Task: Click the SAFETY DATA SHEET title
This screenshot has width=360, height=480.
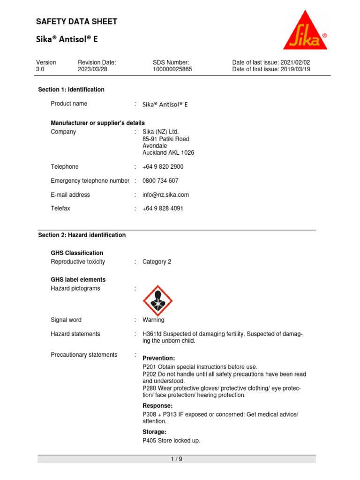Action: (x=77, y=22)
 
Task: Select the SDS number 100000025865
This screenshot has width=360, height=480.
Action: (x=172, y=69)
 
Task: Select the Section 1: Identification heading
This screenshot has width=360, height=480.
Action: (x=71, y=90)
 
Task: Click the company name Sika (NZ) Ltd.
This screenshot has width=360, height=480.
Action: (x=160, y=132)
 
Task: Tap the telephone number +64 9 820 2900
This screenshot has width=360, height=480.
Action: (x=163, y=167)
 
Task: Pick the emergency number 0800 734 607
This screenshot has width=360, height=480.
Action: (x=160, y=181)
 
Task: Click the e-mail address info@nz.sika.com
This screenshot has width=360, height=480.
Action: (x=165, y=195)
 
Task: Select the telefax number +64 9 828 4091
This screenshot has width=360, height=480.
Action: (x=163, y=209)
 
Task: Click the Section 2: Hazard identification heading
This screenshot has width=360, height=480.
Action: (x=82, y=235)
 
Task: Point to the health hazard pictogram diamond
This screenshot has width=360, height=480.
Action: (x=157, y=300)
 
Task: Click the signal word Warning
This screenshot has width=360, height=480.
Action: (x=153, y=320)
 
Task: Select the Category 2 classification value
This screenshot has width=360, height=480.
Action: (x=157, y=262)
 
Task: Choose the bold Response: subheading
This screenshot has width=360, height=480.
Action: (x=157, y=405)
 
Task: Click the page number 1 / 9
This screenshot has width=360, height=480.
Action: (x=177, y=459)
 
